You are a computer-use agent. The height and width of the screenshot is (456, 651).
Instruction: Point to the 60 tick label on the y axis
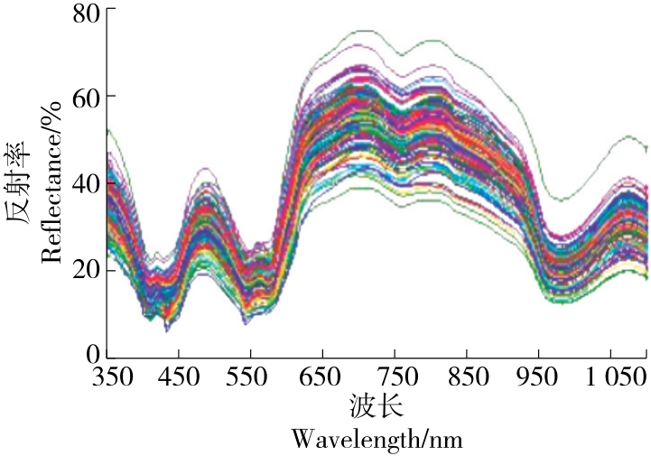[x=76, y=97]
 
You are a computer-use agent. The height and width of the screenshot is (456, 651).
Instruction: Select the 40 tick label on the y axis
[x=76, y=182]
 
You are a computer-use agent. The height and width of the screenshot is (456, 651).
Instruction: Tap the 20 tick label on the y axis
[x=76, y=270]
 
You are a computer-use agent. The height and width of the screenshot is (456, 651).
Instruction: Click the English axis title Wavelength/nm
[x=377, y=440]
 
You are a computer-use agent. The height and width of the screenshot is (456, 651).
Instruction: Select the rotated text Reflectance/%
[x=51, y=181]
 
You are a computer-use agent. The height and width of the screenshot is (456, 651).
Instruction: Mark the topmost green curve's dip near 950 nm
[x=562, y=200]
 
